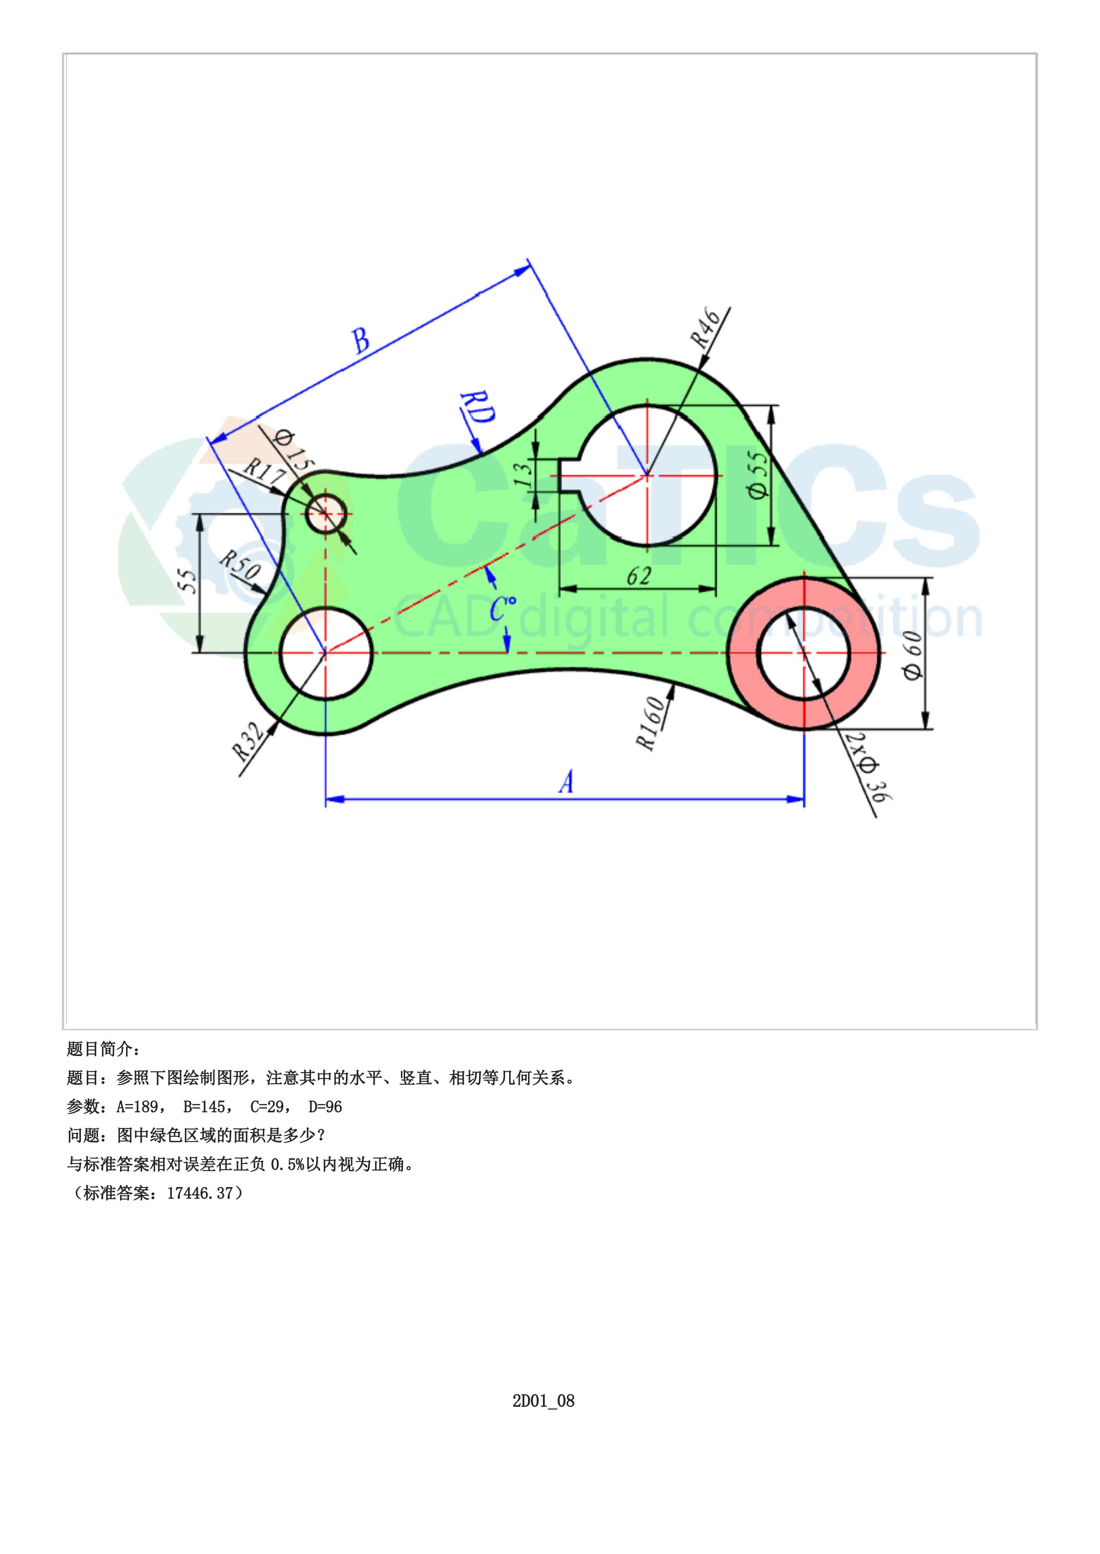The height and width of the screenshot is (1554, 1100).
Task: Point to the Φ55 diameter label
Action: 760,474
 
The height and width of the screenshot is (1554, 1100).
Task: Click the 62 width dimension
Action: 638,576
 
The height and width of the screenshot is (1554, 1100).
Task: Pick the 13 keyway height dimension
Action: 523,475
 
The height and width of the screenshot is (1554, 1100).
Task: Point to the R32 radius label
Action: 247,741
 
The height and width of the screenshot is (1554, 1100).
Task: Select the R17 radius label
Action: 263,471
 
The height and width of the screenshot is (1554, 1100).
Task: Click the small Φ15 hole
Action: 327,514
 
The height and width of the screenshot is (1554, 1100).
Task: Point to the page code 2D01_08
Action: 543,1400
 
